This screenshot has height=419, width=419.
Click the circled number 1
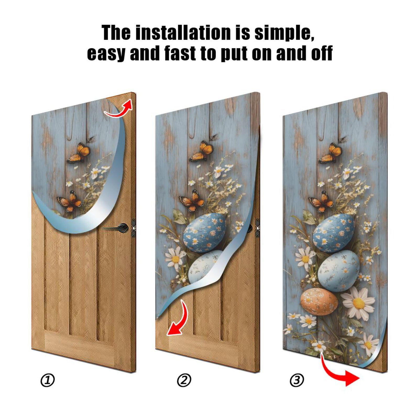point(48,381)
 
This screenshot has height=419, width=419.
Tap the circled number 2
point(184,381)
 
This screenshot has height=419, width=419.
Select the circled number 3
point(297,380)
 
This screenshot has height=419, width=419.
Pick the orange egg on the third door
point(319,301)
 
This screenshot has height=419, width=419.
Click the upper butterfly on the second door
point(202,152)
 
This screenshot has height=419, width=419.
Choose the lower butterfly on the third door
point(322,201)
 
